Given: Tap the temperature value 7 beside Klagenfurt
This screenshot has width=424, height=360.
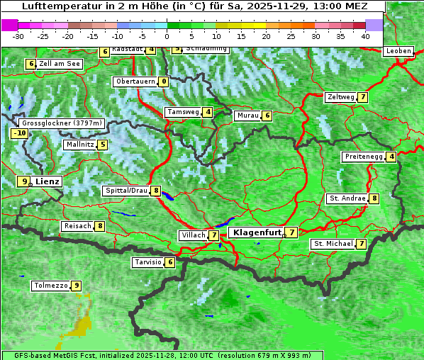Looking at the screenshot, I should (x=292, y=232).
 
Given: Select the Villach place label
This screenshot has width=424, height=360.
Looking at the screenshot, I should (x=193, y=235).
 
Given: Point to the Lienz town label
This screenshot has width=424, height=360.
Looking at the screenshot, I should (x=48, y=181).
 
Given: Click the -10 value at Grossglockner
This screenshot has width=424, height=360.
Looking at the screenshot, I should (x=19, y=133).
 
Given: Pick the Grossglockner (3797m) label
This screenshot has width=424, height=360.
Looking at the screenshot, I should (x=62, y=123).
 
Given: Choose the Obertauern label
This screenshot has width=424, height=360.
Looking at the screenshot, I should (x=135, y=81).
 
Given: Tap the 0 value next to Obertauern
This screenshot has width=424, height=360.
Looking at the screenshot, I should (x=164, y=81).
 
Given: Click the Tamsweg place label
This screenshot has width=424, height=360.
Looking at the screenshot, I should (x=183, y=112).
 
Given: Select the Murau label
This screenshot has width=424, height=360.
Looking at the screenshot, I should (x=247, y=116).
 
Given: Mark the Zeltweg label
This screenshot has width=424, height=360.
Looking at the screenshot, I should (x=340, y=97).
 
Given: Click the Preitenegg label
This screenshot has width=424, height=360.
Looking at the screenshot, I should (x=364, y=156).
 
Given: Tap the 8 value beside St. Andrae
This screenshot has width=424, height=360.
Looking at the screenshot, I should (x=374, y=198).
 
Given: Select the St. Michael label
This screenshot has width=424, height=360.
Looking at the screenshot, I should (x=333, y=244).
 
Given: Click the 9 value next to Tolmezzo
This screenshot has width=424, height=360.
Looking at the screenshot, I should (x=77, y=286).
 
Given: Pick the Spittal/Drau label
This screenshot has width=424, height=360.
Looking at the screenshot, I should (x=126, y=191).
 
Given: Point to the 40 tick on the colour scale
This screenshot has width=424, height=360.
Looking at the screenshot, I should (x=364, y=35).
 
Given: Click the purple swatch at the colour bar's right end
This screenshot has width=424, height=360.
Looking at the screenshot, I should (x=374, y=25).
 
